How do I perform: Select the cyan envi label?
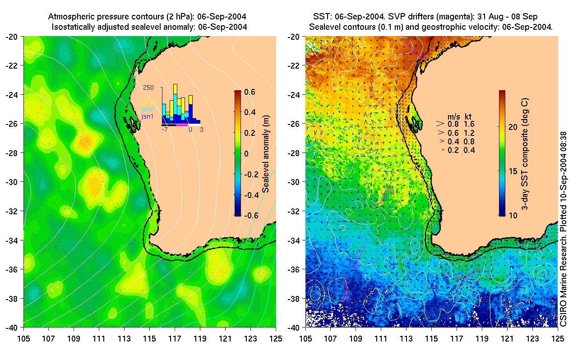[148, 109]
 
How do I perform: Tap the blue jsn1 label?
[148, 116]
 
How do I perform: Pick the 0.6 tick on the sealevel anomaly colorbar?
[251, 92]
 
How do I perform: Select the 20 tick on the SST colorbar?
[513, 127]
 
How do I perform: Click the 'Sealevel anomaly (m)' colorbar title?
[266, 153]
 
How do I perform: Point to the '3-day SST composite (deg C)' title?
[525, 153]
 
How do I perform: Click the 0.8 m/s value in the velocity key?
[452, 123]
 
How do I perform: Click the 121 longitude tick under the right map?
[508, 337]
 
